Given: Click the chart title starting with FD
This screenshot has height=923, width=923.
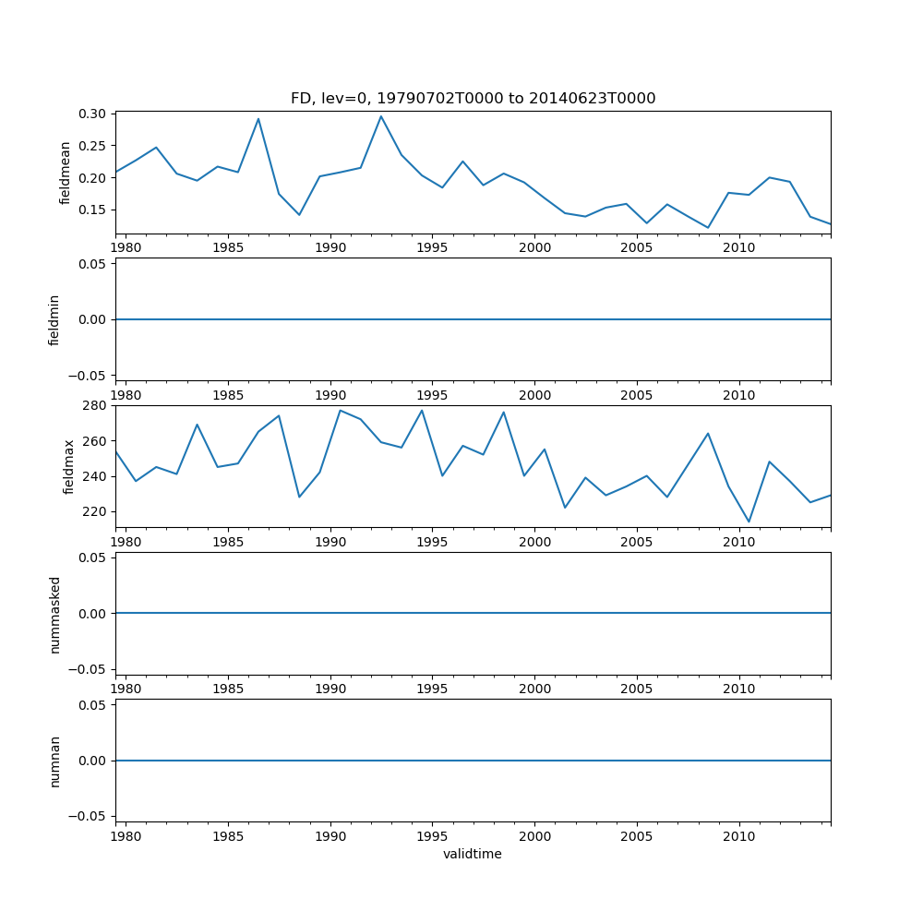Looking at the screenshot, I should click(473, 99).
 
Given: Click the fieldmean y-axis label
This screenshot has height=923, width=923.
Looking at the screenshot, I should click(66, 173).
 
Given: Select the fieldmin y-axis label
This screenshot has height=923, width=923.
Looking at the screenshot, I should click(54, 319).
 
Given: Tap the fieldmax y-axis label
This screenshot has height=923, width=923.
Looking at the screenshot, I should click(69, 466).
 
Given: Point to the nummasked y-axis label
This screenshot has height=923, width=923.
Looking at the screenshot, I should click(54, 614).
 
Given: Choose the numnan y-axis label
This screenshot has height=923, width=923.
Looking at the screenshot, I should click(54, 761).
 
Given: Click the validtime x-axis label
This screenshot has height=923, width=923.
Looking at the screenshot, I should click(473, 855).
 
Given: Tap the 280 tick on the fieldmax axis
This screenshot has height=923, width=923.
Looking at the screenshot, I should click(95, 405).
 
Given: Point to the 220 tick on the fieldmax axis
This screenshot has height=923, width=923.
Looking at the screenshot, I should click(95, 512).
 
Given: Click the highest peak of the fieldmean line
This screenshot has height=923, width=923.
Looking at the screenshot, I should click(380, 116).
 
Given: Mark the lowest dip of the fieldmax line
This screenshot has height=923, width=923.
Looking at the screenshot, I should click(749, 521).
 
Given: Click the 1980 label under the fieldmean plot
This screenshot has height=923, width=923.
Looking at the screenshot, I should click(126, 248).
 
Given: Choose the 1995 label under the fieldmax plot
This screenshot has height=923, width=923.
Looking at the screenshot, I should click(433, 543).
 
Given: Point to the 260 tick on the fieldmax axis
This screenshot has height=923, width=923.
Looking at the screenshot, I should click(95, 441).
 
